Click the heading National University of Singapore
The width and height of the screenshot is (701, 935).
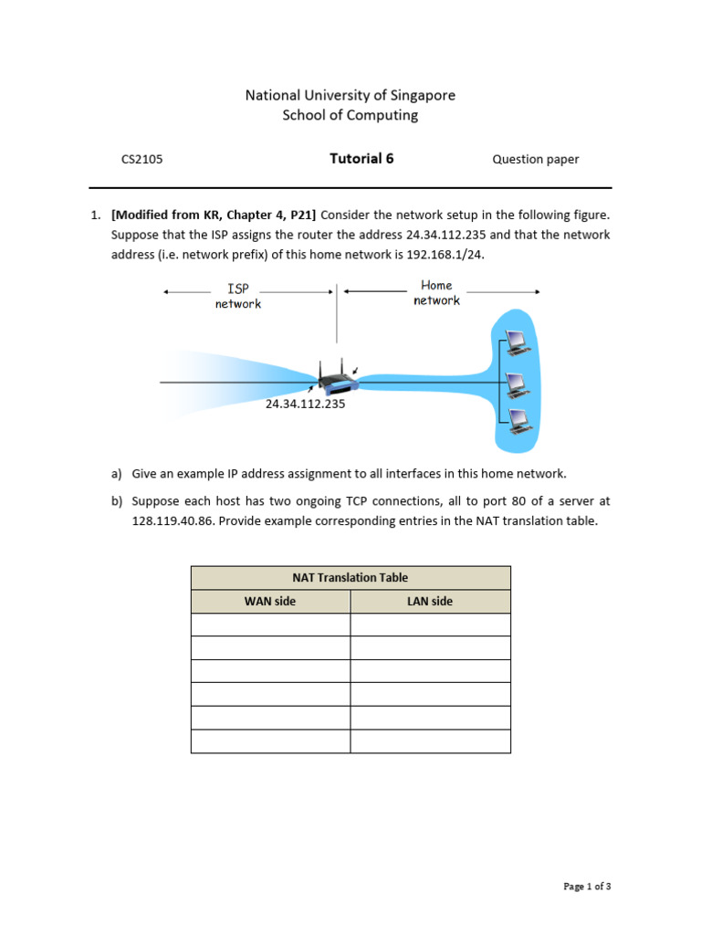tap(350, 95)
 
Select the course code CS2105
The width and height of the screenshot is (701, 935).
tap(141, 159)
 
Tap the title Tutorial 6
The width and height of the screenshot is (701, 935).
tap(361, 158)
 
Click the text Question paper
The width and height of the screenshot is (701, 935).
tap(535, 159)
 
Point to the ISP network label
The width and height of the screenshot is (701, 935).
tap(238, 296)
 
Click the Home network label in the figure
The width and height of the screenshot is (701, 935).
tap(436, 293)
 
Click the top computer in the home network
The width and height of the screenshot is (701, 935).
tap(517, 341)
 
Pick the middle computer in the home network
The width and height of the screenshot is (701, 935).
tap(517, 382)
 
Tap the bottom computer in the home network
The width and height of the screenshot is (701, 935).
tap(517, 420)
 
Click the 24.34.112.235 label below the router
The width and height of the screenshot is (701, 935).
tap(305, 403)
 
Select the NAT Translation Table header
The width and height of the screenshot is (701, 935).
tap(350, 578)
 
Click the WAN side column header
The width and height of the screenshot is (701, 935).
tap(270, 602)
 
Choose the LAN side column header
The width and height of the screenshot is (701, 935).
tap(430, 602)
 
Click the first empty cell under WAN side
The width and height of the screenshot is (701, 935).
tap(270, 625)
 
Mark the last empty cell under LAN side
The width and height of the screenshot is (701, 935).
tap(430, 741)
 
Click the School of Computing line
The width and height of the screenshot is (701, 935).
tap(350, 115)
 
